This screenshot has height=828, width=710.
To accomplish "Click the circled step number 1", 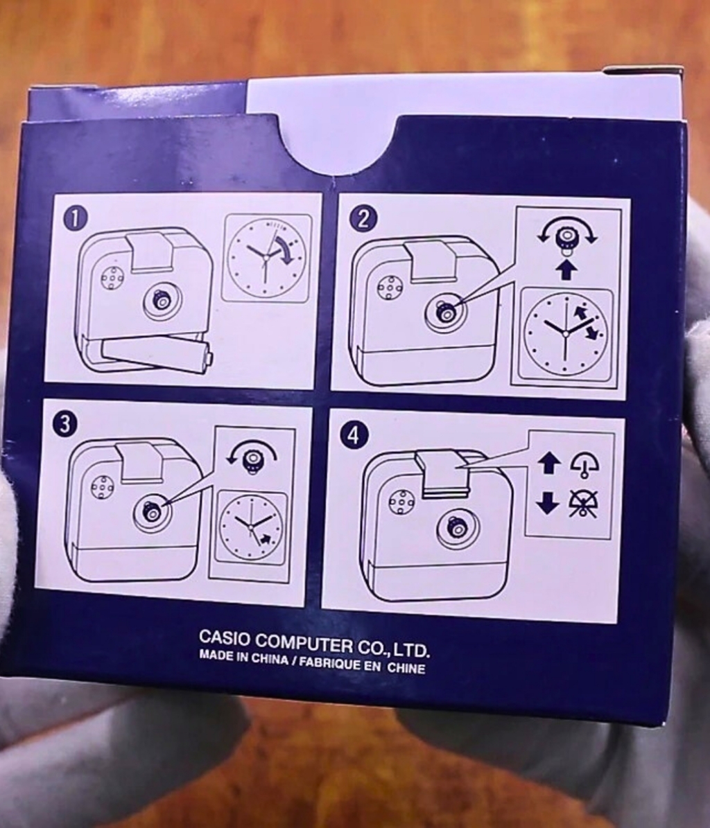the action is tap(76, 219).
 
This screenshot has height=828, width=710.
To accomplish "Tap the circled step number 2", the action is tap(363, 219).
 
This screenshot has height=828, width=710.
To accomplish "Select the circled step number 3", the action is tap(65, 425).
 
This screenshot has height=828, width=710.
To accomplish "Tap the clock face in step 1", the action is tap(266, 258).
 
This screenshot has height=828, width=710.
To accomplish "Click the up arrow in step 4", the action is tap(549, 464).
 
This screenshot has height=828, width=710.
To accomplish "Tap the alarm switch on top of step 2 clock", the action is tap(431, 260).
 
